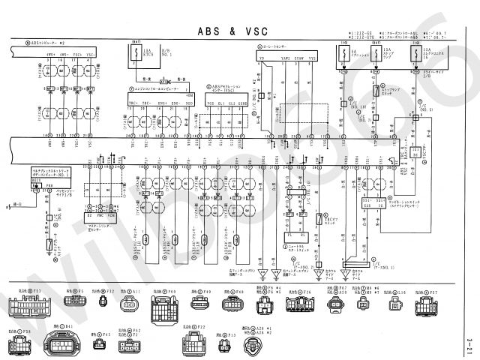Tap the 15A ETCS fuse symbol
click(135, 53)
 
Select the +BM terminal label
click(190, 96)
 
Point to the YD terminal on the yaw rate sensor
click(262, 58)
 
